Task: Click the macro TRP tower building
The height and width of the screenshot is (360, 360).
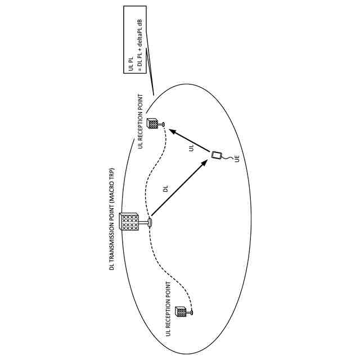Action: point(130,223)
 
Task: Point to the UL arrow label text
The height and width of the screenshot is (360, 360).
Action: point(191,148)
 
